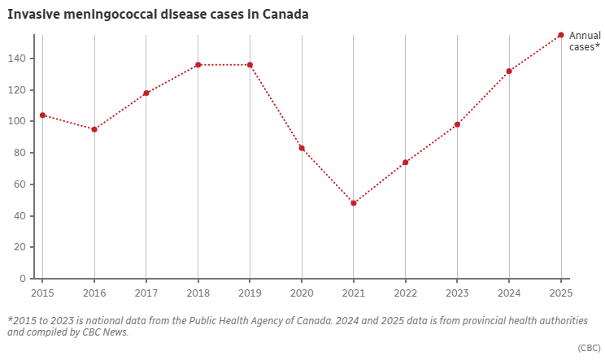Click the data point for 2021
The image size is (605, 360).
[x=354, y=203]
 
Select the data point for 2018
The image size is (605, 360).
[x=198, y=65]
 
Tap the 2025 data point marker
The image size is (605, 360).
[x=561, y=35]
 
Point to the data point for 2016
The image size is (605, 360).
[x=94, y=129]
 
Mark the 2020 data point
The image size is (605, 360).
[x=302, y=148]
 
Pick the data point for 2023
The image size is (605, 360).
[x=457, y=124]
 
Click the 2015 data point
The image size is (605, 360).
[x=42, y=115]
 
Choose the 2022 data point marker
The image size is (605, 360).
[x=405, y=163]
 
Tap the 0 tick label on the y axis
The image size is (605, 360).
[x=24, y=279]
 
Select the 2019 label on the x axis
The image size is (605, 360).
[x=250, y=292]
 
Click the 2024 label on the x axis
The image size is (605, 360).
[x=509, y=292]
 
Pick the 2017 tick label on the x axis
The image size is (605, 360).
[x=146, y=292]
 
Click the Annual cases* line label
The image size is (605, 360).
[x=585, y=41]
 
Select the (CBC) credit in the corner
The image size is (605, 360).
[x=589, y=348]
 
